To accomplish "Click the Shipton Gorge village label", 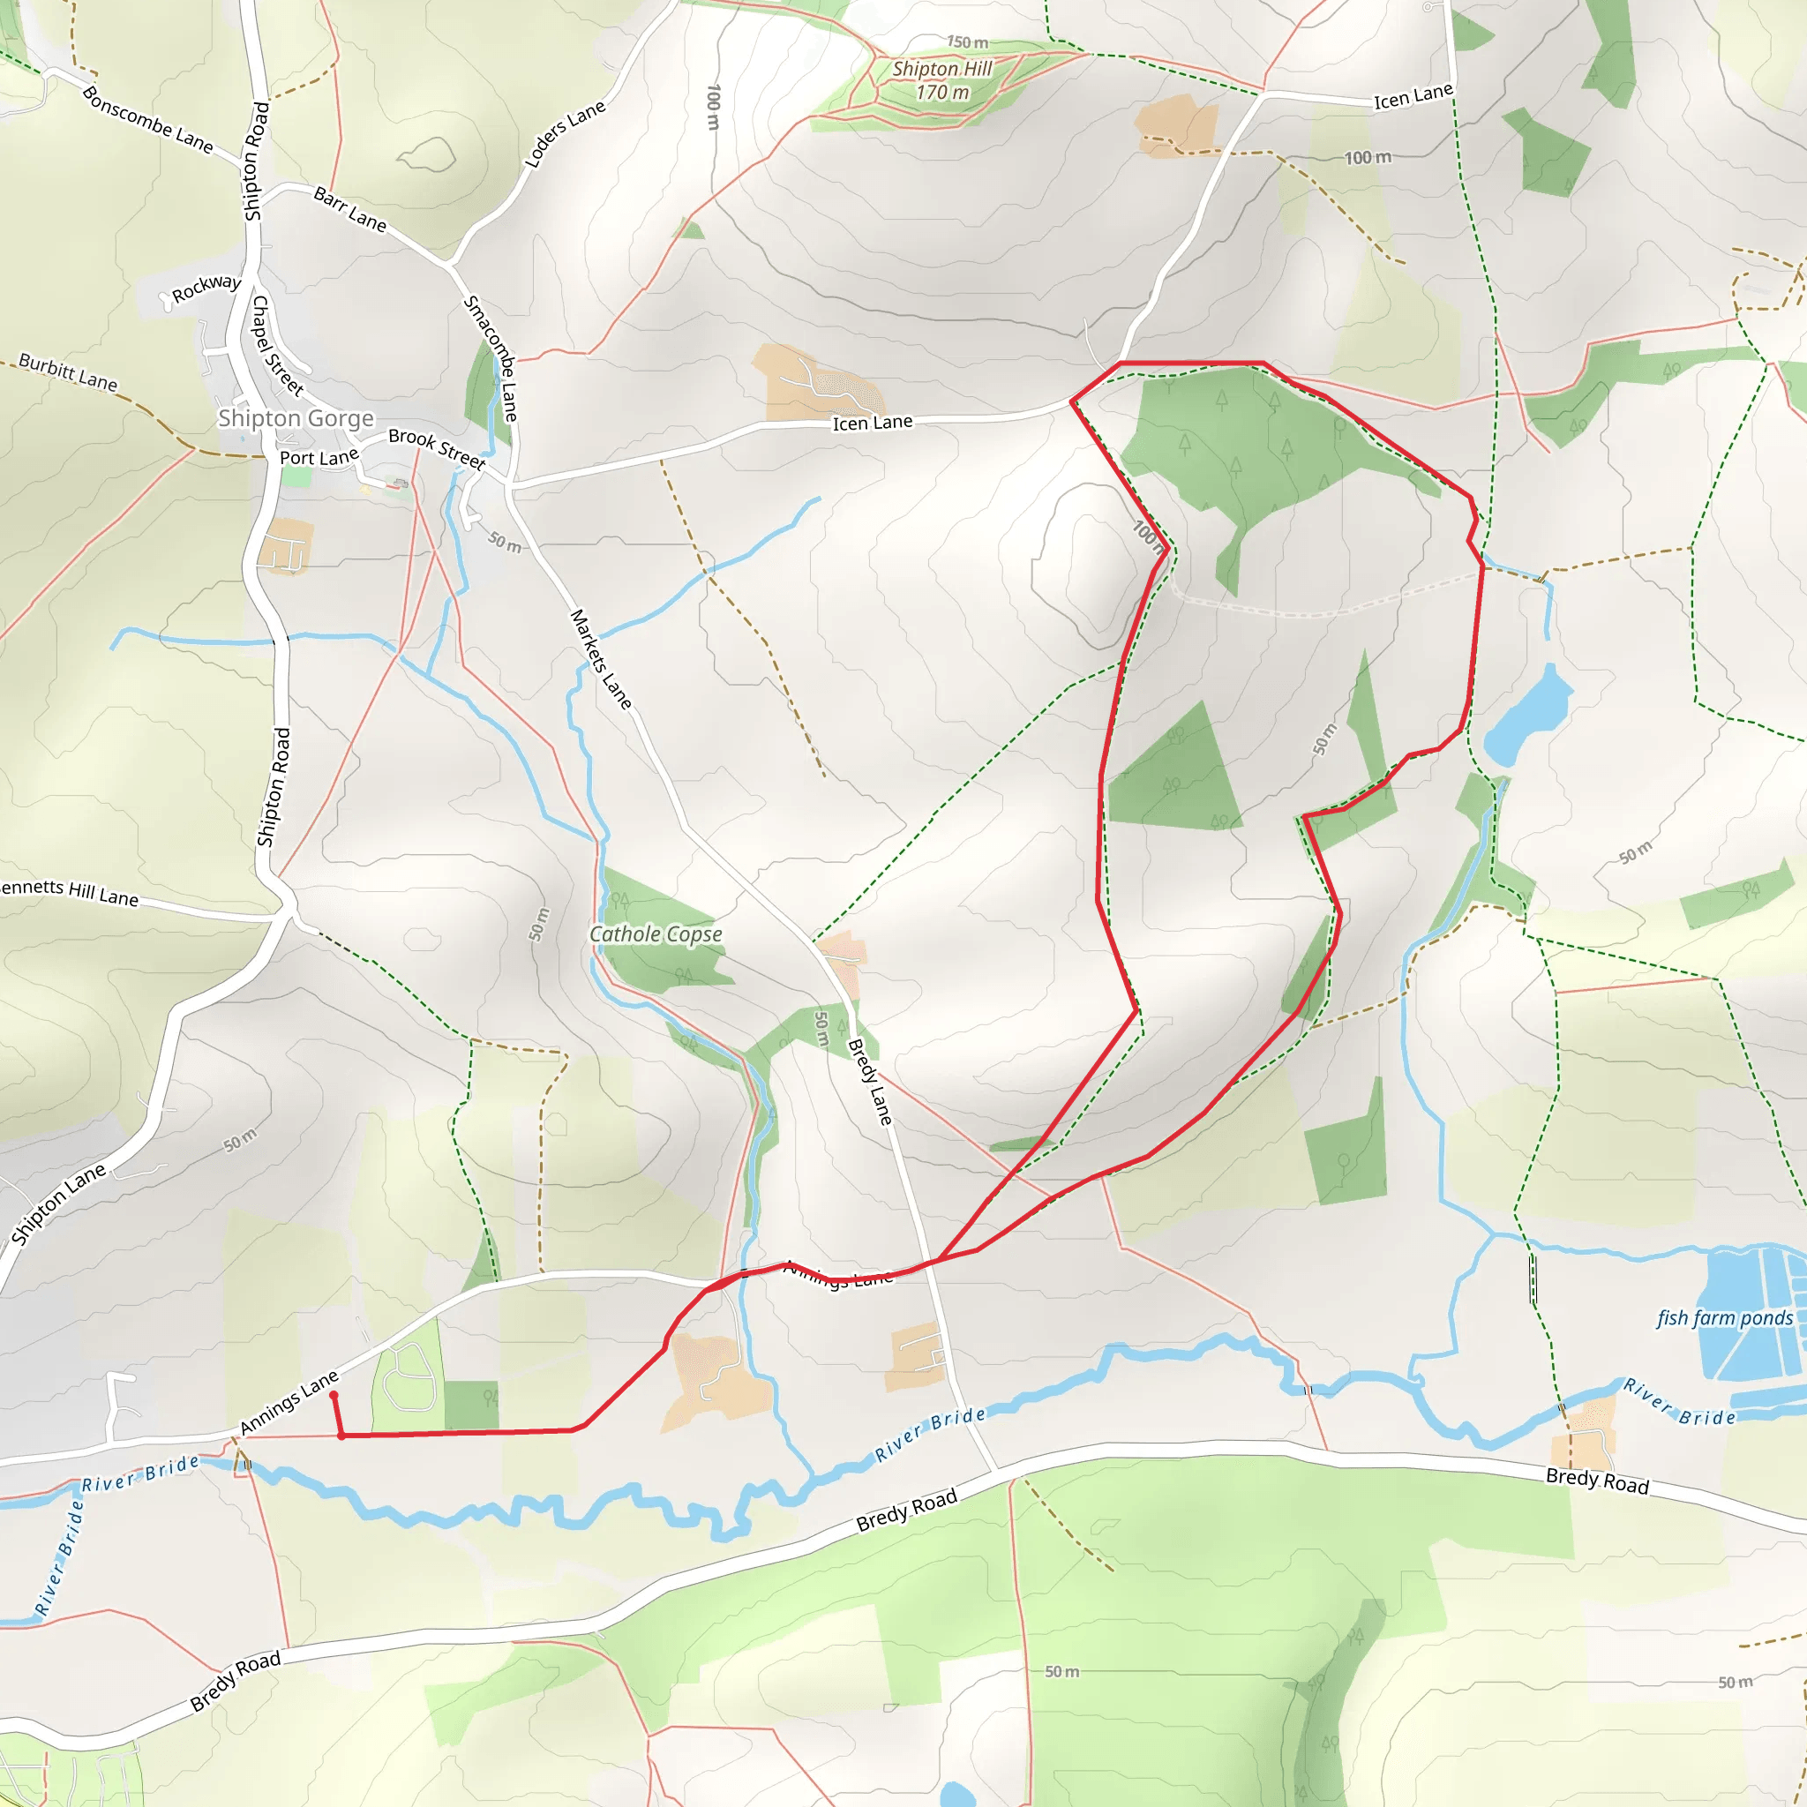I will (x=296, y=418).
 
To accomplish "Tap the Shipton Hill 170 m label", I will (x=941, y=80).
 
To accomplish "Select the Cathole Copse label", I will (x=656, y=933).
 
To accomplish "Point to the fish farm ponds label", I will (x=1725, y=1318).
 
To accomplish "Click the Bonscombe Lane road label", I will (x=146, y=120).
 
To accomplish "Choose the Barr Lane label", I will (x=349, y=208).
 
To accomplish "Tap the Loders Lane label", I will (x=565, y=135).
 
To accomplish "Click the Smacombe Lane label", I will (x=491, y=358).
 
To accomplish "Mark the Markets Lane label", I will (x=601, y=658).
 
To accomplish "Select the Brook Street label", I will (x=437, y=448).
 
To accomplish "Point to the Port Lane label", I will (x=319, y=457).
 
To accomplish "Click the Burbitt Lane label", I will (x=68, y=372).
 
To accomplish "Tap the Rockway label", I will (x=206, y=287).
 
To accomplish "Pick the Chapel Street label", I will (x=278, y=345).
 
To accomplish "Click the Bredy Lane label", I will (x=869, y=1082).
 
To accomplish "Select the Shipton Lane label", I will (x=58, y=1204).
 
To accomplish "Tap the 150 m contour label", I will (x=967, y=42).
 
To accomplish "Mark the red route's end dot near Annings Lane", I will (x=334, y=1396).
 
